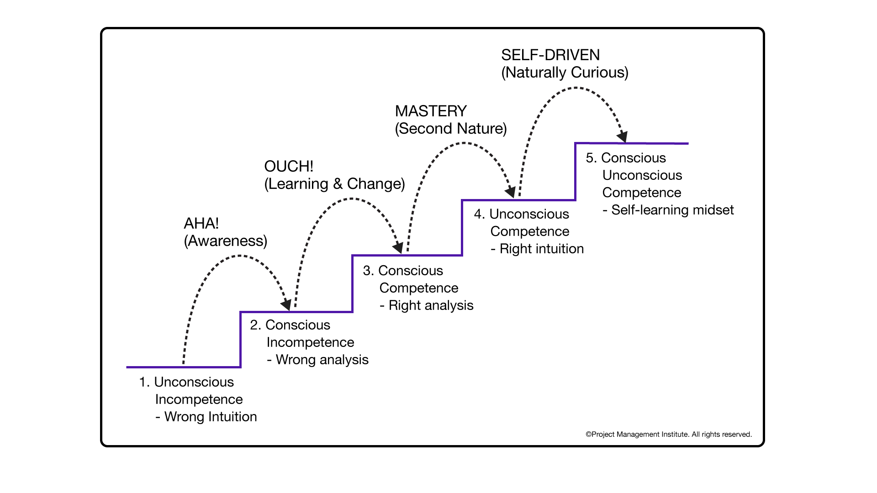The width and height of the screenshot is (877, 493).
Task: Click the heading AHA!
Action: (201, 224)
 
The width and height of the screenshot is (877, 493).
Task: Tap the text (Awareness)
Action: (225, 241)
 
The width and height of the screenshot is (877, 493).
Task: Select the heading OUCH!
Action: (289, 167)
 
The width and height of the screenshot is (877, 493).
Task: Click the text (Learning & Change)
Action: (334, 184)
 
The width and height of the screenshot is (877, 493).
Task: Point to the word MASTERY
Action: (431, 111)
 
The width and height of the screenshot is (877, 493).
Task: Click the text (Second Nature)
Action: (451, 129)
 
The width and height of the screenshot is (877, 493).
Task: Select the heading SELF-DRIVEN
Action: (550, 55)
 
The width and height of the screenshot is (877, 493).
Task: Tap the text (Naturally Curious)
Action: (565, 73)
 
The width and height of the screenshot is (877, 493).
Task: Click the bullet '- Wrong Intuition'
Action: (206, 417)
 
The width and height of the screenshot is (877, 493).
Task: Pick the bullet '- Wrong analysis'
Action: (317, 360)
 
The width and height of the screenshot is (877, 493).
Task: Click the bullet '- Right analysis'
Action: (426, 305)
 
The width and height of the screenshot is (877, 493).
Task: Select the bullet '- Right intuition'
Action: (537, 249)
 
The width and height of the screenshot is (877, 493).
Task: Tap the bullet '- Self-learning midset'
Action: (668, 210)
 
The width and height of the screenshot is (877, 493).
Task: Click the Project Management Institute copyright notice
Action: (668, 435)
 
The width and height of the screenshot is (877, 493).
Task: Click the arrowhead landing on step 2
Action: (287, 304)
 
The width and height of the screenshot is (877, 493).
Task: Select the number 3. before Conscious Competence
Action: (368, 271)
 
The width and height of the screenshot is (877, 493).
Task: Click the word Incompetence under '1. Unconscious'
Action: (199, 399)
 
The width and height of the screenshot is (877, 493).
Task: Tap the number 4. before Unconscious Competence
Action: (479, 214)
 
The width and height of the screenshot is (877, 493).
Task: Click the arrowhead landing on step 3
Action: (398, 248)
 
